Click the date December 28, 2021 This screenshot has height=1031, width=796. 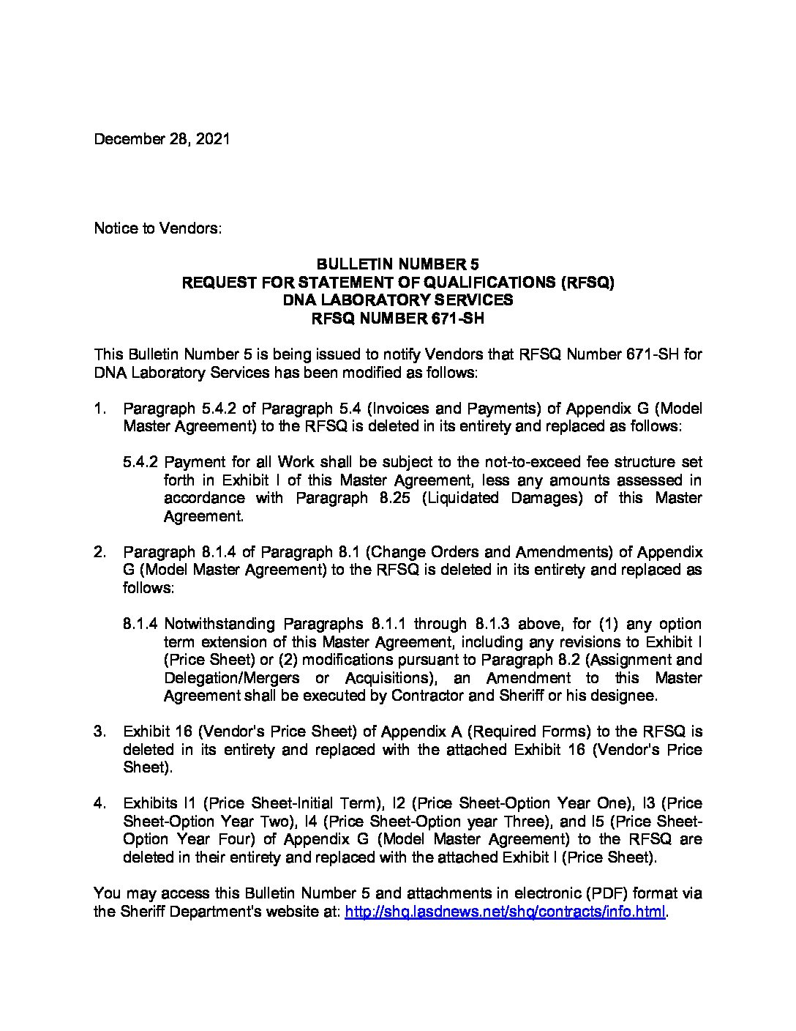pos(162,139)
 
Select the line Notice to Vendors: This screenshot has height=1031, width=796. pos(157,228)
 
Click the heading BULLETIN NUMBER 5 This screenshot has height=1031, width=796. pos(397,264)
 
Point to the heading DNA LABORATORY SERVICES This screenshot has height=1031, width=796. pos(397,300)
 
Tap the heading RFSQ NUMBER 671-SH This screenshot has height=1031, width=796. pos(397,319)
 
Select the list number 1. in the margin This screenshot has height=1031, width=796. pos(101,408)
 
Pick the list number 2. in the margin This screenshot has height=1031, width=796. pos(101,551)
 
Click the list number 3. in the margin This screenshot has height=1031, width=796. pos(101,732)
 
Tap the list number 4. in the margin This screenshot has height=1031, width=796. pos(101,803)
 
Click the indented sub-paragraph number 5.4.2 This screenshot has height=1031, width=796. pos(141,462)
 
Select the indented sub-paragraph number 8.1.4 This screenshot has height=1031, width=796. pos(141,624)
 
